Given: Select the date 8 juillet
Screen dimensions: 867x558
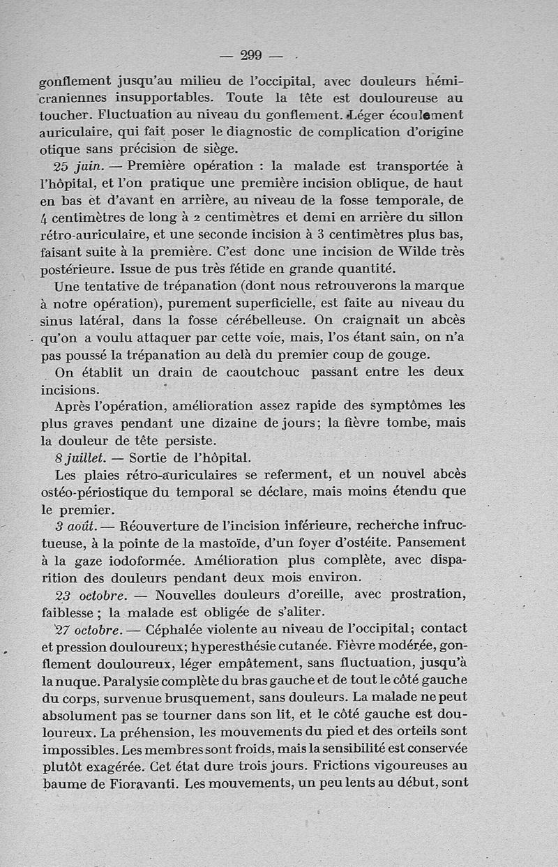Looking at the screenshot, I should click(x=79, y=458).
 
